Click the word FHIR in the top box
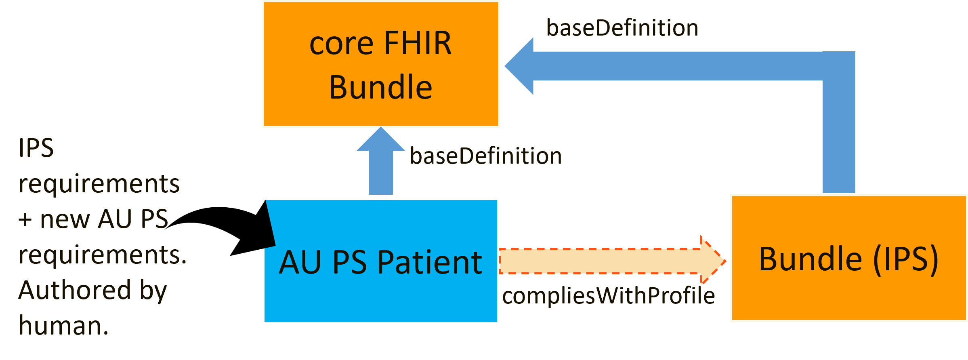(x=418, y=43)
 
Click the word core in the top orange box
(x=341, y=43)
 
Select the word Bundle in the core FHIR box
(x=380, y=87)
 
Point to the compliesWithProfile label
(x=608, y=296)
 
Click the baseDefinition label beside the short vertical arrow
(x=486, y=156)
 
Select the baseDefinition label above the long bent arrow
(x=622, y=28)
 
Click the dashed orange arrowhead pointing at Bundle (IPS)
(x=712, y=261)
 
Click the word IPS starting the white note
(x=36, y=148)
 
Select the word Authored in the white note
(x=75, y=290)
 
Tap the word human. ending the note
(x=63, y=326)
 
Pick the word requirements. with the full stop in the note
(x=103, y=255)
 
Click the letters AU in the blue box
(x=300, y=263)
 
